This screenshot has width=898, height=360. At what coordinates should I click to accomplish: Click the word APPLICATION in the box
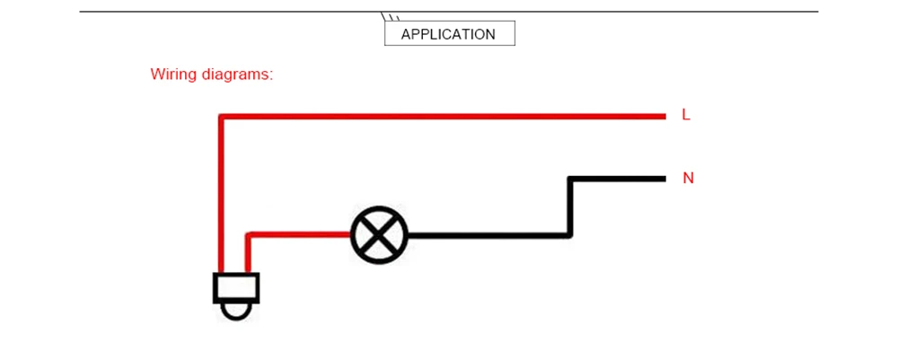coord(448,34)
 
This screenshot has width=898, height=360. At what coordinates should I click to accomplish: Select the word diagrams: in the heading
coord(238,75)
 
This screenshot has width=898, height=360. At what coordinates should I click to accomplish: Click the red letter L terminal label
coord(686,115)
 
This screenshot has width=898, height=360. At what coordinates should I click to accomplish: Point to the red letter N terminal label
coord(688,179)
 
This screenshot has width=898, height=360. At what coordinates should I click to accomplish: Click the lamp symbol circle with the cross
coord(379,234)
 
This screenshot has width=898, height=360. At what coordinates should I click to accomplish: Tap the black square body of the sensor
coord(236,288)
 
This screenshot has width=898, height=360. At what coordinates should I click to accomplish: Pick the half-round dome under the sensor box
coord(236,312)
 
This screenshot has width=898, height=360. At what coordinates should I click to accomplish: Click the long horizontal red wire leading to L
coord(442,116)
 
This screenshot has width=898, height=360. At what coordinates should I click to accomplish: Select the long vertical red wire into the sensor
coord(221,195)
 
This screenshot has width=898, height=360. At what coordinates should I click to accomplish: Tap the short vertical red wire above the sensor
coord(248,253)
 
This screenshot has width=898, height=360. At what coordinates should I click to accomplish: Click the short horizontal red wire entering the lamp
coord(298,234)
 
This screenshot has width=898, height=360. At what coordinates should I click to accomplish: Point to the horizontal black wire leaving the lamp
coord(490,234)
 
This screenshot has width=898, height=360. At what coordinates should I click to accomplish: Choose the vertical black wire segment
coord(570,206)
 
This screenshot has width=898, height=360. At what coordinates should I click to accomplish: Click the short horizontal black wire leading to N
coord(617,179)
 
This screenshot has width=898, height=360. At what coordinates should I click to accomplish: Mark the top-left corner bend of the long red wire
coord(221,116)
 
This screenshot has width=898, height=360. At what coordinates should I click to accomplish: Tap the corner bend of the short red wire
coord(248,234)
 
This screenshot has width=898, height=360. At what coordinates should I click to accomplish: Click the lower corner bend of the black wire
coord(570,234)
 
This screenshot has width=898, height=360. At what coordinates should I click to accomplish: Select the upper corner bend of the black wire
coord(570,179)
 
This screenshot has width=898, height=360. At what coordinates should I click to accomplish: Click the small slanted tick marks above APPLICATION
coord(390,16)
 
